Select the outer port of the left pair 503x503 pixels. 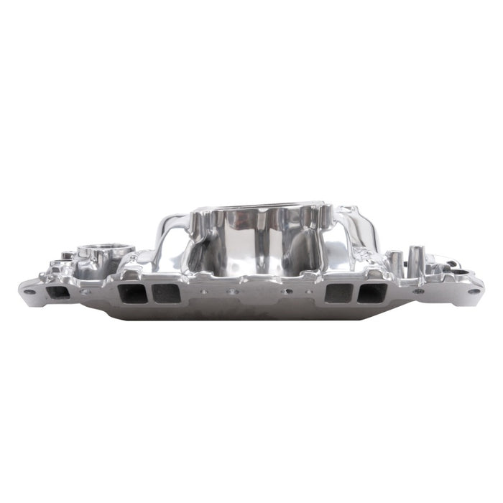(x=130, y=292)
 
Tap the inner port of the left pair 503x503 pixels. (x=167, y=292)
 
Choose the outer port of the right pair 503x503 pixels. (x=374, y=292)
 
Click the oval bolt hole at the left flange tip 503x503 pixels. (x=28, y=291)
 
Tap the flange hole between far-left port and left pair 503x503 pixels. (x=86, y=292)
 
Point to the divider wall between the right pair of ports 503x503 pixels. (x=356, y=292)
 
